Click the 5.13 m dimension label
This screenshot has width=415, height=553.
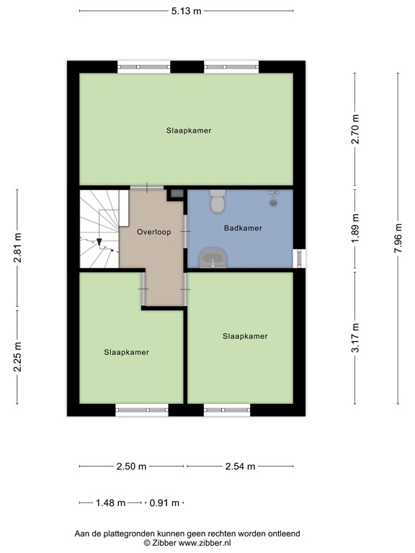187,11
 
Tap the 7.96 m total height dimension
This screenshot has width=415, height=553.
398,238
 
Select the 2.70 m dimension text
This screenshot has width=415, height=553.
355,129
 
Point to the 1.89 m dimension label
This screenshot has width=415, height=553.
355,228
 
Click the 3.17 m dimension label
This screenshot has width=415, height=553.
355,338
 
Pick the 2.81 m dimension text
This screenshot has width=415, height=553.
17,248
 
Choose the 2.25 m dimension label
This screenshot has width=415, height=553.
17,357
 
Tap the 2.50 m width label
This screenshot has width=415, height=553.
131,467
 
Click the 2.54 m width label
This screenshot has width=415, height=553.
240,467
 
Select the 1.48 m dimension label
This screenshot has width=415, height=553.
110,503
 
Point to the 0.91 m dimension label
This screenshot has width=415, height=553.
164,503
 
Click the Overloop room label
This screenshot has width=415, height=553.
154,232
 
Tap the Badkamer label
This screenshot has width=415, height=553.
243,228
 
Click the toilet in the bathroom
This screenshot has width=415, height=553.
218,202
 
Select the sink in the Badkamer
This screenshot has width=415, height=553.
213,258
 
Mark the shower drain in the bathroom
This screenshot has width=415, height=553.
274,203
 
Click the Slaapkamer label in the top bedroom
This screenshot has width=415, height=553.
189,130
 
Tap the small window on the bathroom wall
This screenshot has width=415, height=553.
299,258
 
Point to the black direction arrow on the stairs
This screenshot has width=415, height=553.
99,242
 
